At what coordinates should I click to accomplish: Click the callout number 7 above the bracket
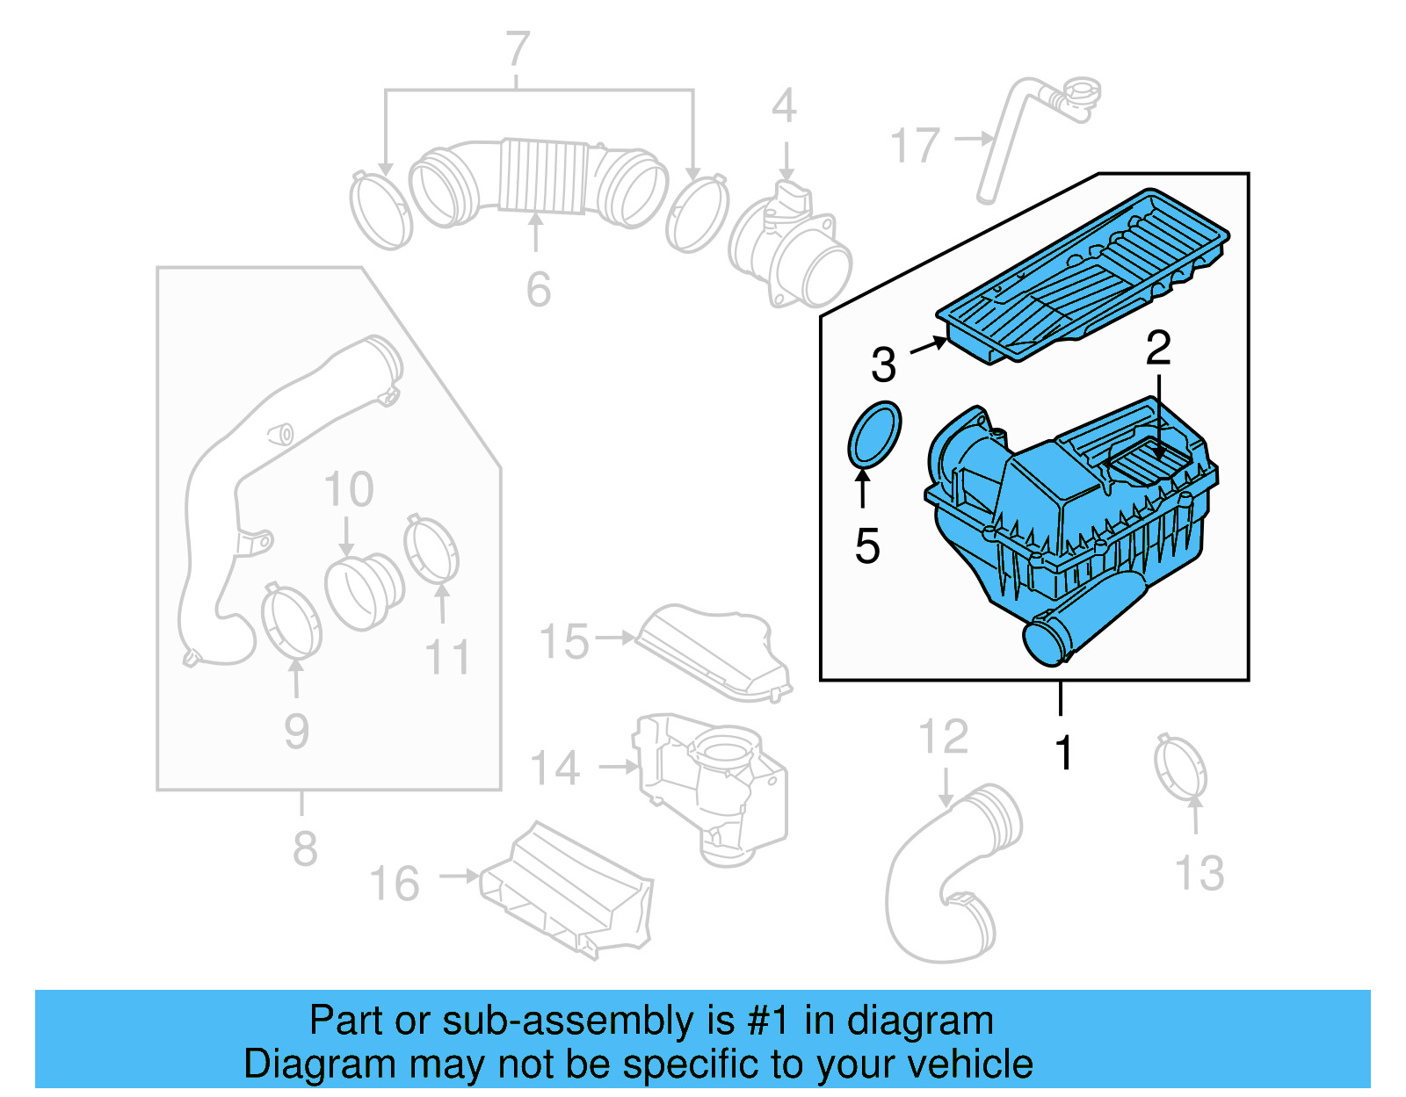(518, 49)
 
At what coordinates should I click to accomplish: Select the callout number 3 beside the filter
(883, 364)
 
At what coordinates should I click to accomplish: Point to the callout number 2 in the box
(1158, 349)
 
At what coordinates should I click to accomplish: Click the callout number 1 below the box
(1064, 753)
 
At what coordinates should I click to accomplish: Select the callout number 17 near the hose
(915, 145)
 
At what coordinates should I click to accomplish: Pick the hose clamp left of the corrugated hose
(380, 211)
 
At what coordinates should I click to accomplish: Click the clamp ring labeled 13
(1180, 768)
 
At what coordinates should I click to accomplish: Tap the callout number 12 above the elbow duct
(943, 737)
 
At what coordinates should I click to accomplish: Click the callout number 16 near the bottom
(395, 884)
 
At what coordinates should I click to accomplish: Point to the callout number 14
(555, 769)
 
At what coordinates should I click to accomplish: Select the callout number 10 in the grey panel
(348, 489)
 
